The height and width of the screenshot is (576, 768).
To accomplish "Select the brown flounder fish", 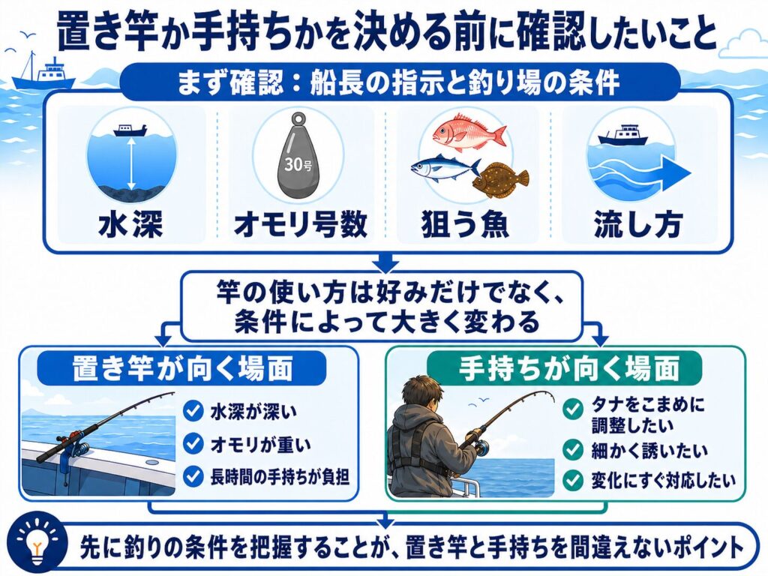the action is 500,180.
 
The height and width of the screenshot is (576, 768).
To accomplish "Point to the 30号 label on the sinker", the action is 298,163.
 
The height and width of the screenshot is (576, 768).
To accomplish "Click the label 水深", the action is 130,224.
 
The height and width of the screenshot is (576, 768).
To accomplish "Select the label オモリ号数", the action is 301,224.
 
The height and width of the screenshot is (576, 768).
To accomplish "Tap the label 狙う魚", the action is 465,224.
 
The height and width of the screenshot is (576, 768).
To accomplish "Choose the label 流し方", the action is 638,224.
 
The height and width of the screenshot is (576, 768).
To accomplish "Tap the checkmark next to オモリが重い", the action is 193,443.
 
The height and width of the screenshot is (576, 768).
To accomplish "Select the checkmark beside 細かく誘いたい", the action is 572,450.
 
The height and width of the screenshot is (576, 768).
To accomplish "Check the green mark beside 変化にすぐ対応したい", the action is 572,481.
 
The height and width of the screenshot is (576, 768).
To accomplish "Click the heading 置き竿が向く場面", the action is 182,367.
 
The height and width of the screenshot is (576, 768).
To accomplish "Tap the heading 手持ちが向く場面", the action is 569,367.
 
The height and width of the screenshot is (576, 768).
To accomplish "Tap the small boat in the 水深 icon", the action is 130,130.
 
